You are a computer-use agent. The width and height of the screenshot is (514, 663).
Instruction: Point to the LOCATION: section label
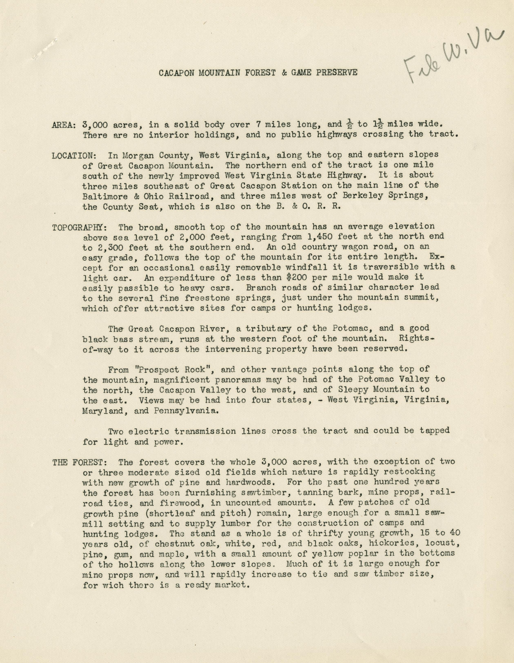[x=74, y=155]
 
